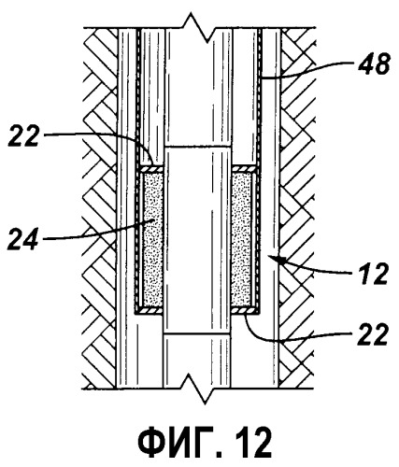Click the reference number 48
(374, 64)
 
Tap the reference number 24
(24, 239)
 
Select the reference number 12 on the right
(373, 274)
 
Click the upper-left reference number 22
(23, 135)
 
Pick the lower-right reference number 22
(373, 334)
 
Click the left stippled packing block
(152, 239)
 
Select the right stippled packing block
(243, 239)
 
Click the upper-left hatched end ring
(151, 169)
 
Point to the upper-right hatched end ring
(245, 169)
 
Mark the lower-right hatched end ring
(245, 311)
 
